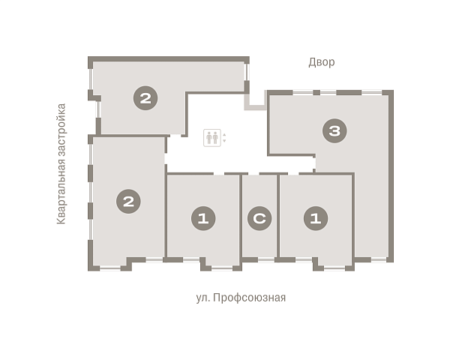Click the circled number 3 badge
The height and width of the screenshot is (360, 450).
coord(334,131)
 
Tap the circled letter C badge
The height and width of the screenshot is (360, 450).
coord(259,218)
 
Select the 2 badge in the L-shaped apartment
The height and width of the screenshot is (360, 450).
coord(145,98)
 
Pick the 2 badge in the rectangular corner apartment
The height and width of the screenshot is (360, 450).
coord(128,201)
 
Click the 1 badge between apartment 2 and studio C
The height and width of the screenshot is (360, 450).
coord(203,218)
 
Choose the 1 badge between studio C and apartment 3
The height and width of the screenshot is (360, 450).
coord(316,218)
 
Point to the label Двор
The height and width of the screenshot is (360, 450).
coord(322,62)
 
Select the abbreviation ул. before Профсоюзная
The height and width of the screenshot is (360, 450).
coord(203,298)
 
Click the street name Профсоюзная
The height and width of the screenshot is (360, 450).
coord(250,298)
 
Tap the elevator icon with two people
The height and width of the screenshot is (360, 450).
coord(212,138)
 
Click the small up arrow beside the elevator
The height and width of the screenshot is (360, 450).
coord(224,135)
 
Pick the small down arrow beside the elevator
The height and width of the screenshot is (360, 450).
coord(224,141)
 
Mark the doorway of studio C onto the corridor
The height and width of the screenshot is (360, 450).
coord(253,174)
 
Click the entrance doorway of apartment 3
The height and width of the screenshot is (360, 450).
coord(314,163)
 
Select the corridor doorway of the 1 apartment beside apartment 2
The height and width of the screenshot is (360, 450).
coord(219,174)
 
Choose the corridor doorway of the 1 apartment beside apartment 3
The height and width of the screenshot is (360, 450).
coord(293,174)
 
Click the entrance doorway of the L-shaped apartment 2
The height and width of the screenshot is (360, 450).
coord(175,135)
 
